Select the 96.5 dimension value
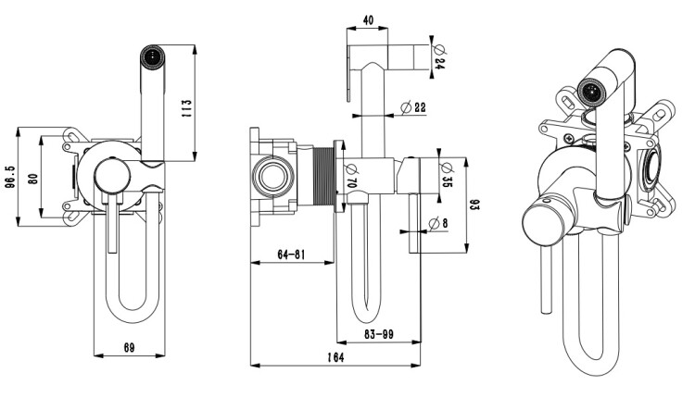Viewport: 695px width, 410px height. pos(11,175)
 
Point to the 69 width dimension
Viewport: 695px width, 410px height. pos(129,348)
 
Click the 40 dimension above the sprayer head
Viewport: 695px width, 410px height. pos(369,20)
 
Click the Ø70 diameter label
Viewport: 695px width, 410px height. pos(351,174)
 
